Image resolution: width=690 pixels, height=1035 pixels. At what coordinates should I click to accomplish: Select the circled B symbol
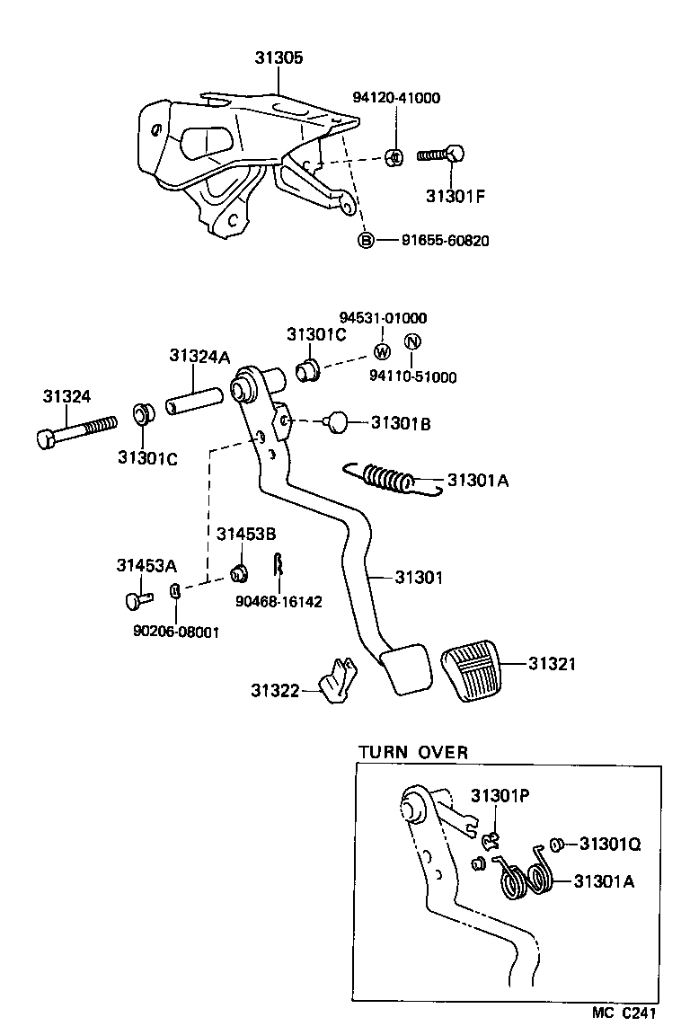coord(366,240)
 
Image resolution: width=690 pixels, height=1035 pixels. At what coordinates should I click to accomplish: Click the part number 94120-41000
coord(395,98)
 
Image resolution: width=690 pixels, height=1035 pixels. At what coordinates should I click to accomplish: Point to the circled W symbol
coord(381,351)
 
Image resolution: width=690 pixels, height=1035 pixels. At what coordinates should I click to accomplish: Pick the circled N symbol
coord(411,342)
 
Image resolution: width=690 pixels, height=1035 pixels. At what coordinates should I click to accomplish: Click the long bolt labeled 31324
coord(76,430)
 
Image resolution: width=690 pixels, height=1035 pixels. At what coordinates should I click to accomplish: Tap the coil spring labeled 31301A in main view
coord(391,478)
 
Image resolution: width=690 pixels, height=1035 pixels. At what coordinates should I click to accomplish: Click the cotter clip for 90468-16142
coord(279,566)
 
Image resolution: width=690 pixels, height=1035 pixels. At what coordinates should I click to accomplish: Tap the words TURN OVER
coord(413,752)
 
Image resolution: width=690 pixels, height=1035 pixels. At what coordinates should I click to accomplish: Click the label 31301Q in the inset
coord(610,844)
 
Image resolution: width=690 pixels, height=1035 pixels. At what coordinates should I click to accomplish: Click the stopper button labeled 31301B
coord(338,420)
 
